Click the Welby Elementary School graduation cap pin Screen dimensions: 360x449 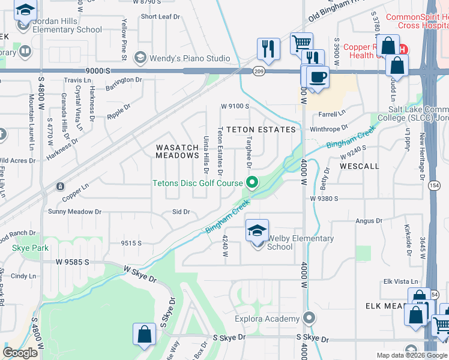256,231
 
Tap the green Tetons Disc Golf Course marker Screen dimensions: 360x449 253,183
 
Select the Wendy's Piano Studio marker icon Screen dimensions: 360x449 140,58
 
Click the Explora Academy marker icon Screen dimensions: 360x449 309,319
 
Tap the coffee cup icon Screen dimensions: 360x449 317,78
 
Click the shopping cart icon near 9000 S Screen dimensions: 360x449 301,44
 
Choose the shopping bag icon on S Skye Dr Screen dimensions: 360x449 145,335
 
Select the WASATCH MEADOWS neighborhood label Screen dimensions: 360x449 177,151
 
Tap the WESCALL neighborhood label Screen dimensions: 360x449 359,166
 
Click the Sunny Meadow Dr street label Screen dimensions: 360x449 76,212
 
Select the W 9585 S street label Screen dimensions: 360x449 73,262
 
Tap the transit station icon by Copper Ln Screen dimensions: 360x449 59,186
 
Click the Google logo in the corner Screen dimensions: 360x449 20,353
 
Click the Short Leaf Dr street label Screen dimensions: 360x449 160,17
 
